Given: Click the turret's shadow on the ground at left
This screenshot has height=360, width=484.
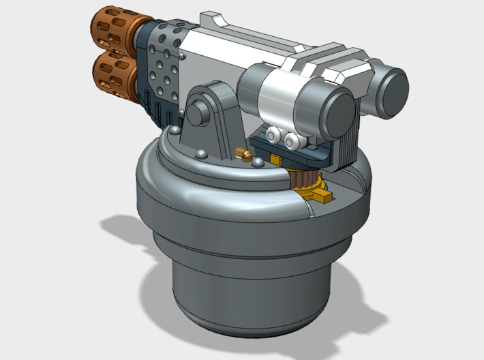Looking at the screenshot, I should pyautogui.click(x=126, y=235).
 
